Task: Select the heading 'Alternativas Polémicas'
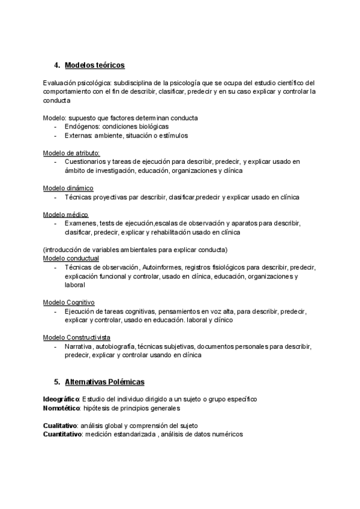(104, 381)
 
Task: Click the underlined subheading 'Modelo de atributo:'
(71, 153)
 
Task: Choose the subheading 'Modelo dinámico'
(68, 188)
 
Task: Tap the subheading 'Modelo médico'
(65, 214)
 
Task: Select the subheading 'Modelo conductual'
(71, 258)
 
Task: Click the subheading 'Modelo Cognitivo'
(69, 302)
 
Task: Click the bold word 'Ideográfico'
(61, 399)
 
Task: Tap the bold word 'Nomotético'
(61, 408)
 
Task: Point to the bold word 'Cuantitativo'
(62, 434)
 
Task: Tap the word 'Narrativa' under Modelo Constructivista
(79, 346)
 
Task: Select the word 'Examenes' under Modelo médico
(80, 223)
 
